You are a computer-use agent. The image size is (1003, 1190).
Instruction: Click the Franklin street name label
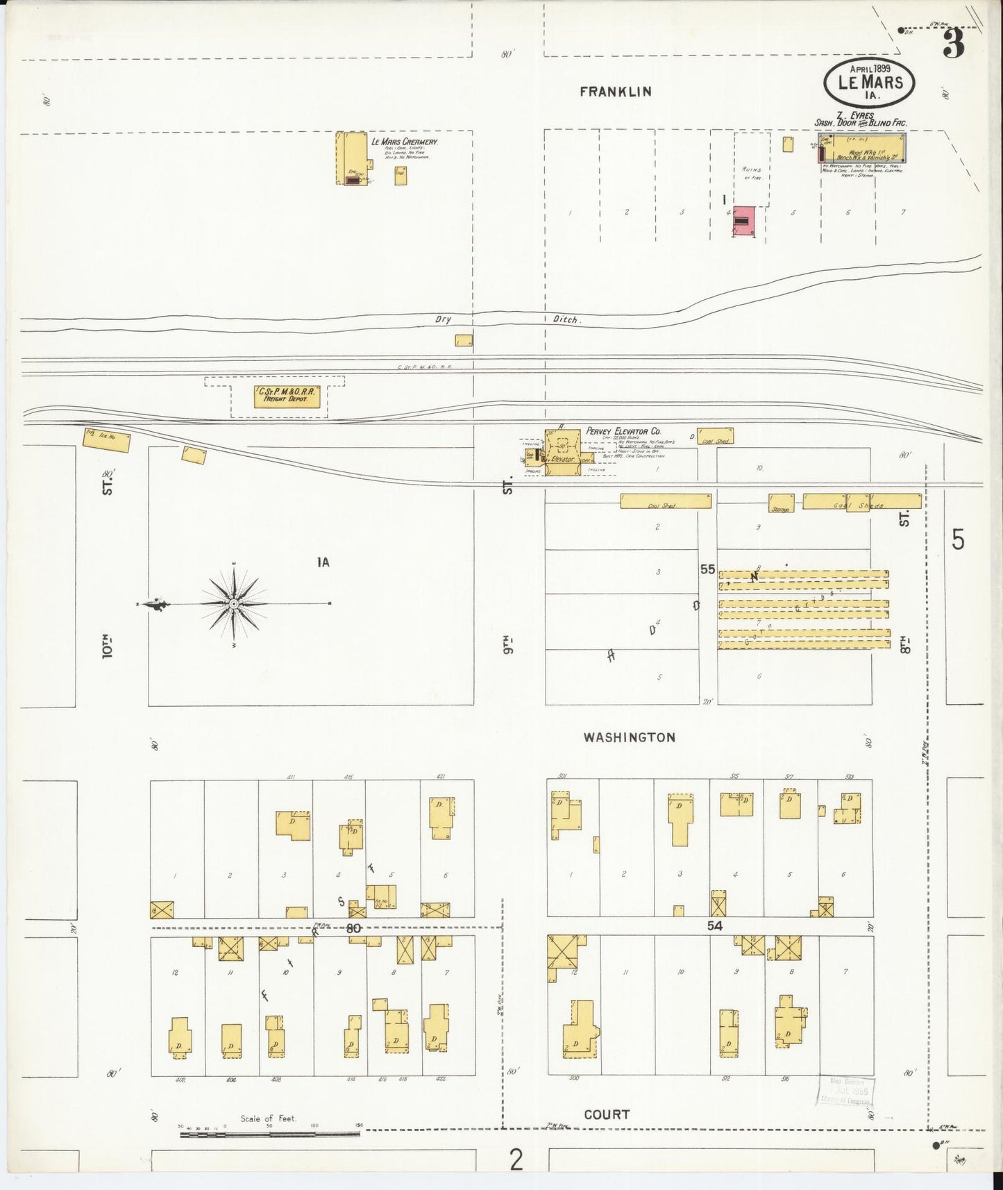click(x=616, y=91)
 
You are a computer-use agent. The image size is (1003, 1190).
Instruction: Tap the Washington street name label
click(x=629, y=737)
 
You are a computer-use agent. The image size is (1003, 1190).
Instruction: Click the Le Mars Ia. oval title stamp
click(x=869, y=83)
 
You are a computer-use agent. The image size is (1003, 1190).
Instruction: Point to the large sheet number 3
click(x=954, y=45)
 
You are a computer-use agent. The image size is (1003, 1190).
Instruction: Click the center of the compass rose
click(x=235, y=605)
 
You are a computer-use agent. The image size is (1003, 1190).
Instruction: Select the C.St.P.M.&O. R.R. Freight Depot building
click(x=286, y=396)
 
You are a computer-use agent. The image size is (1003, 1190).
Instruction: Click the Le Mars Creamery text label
click(x=405, y=142)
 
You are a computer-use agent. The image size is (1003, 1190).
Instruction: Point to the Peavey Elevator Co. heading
click(x=623, y=431)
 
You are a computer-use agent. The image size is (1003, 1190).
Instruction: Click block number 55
click(x=707, y=569)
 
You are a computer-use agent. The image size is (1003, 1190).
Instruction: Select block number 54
click(x=714, y=925)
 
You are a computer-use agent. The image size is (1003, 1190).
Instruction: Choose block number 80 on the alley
click(x=354, y=928)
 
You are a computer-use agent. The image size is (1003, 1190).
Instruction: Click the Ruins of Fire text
click(x=752, y=174)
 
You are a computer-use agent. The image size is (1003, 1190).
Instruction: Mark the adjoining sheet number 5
click(x=958, y=539)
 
